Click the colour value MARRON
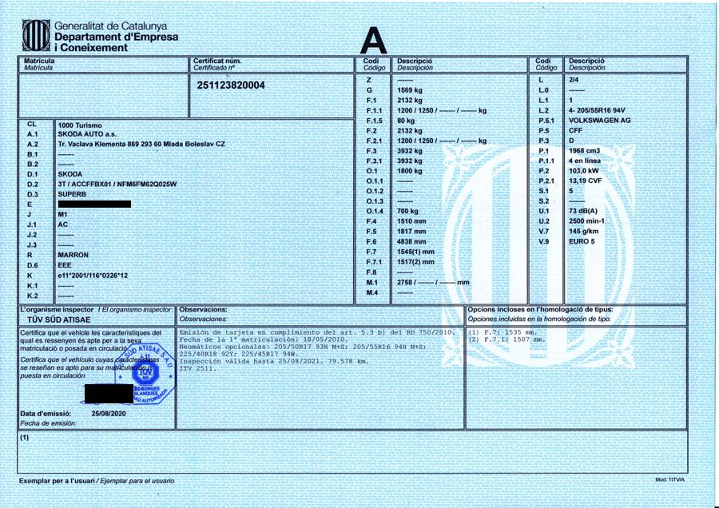pyautogui.click(x=74, y=254)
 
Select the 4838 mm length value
pyautogui.click(x=411, y=241)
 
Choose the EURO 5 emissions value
pyautogui.click(x=581, y=240)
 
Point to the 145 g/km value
pyautogui.click(x=583, y=230)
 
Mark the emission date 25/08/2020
pyautogui.click(x=110, y=413)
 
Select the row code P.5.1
pyautogui.click(x=546, y=120)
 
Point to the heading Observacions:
pyautogui.click(x=204, y=308)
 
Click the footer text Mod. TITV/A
pyautogui.click(x=670, y=480)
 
